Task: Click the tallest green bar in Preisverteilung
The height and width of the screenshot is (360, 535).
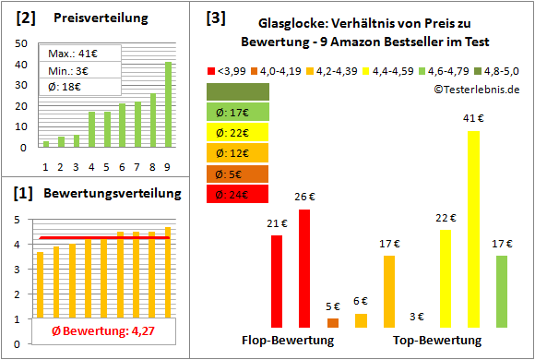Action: (168, 104)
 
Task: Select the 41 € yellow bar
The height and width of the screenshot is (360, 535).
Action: (473, 229)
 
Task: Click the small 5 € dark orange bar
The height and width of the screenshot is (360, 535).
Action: (332, 322)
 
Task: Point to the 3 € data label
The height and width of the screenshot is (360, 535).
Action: (417, 317)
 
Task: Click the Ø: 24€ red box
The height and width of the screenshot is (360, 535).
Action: (238, 194)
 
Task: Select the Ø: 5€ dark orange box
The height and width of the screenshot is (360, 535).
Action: (238, 174)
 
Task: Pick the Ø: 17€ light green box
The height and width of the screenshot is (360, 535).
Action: (238, 113)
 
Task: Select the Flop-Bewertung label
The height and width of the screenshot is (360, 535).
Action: (287, 340)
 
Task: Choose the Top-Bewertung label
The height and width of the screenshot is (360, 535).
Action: (437, 340)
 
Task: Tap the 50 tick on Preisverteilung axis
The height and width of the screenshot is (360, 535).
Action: (20, 64)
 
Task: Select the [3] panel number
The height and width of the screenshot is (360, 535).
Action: (215, 18)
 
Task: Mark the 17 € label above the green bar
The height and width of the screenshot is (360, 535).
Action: (502, 244)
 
